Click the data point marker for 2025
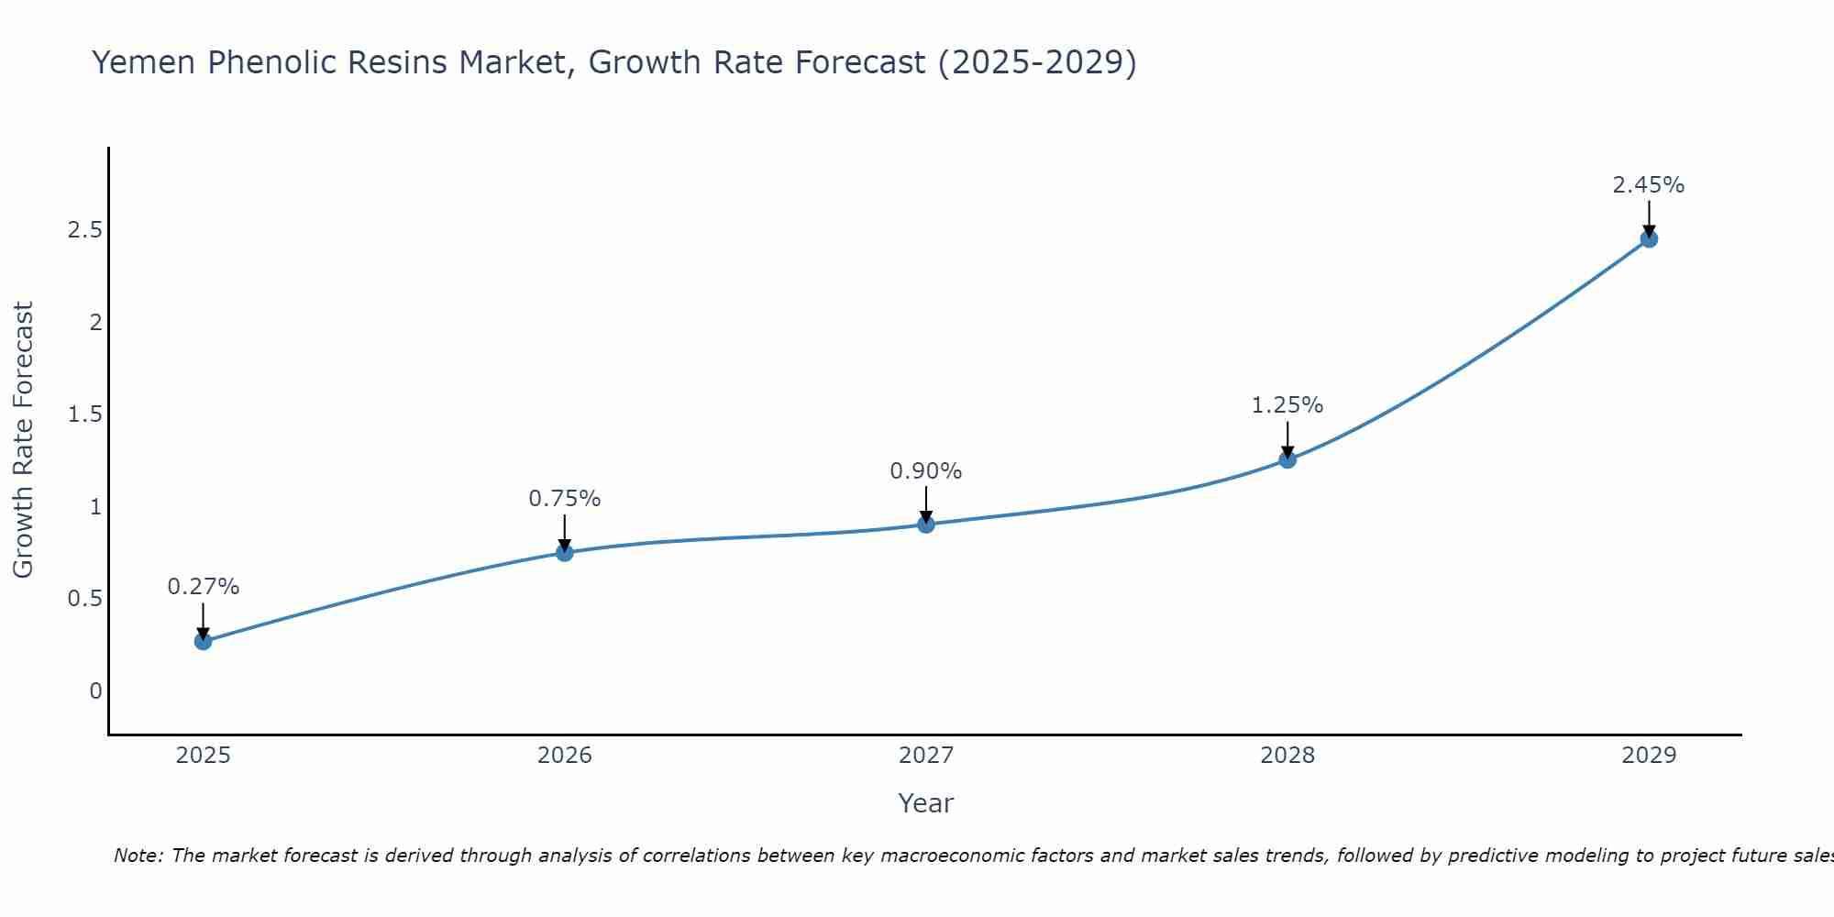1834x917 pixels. click(203, 641)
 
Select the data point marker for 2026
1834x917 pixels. click(564, 552)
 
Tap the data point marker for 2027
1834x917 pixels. click(926, 525)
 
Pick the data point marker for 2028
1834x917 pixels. click(1287, 459)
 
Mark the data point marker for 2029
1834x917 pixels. click(1649, 239)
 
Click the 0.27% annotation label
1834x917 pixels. click(203, 587)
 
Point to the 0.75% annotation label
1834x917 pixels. click(564, 499)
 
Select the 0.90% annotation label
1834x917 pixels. click(926, 471)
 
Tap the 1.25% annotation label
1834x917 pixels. click(1287, 405)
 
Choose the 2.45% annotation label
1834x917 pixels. click(1649, 185)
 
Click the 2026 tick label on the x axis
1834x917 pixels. click(564, 756)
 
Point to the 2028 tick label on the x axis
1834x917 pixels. click(1287, 756)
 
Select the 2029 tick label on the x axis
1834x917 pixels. click(1649, 756)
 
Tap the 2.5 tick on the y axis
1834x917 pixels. click(84, 230)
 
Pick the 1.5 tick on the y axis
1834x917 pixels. click(84, 414)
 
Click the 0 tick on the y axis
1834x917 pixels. click(95, 691)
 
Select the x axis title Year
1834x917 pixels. click(926, 803)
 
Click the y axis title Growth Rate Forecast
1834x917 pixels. click(23, 440)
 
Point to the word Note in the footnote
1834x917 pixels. click(138, 856)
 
